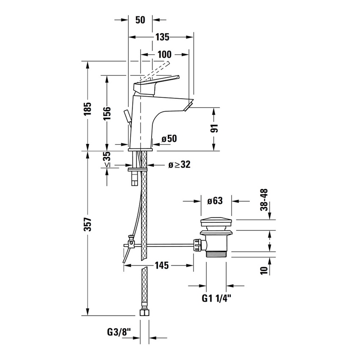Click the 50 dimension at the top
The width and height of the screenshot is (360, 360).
141,20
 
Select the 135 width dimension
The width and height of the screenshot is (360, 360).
161,37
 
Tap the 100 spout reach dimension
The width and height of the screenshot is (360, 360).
164,54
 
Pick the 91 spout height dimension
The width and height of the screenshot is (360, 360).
215,129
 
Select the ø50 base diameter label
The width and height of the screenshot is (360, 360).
169,138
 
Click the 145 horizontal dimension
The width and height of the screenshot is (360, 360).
161,266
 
